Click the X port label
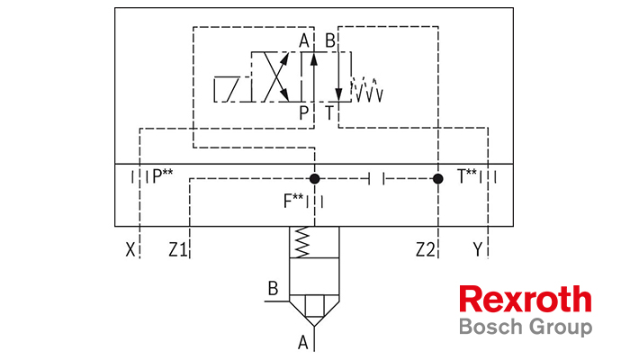(130, 250)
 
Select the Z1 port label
(178, 250)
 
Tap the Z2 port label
(426, 250)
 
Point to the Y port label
(477, 250)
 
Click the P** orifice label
(163, 176)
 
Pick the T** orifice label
(467, 176)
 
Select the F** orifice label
(293, 201)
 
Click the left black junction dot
(315, 178)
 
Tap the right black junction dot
(438, 178)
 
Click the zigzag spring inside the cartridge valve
(302, 242)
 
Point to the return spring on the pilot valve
(367, 89)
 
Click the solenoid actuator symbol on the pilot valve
(227, 89)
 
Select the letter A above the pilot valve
(304, 40)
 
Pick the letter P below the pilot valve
(304, 112)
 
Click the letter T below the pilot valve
(329, 112)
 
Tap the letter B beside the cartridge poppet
(274, 289)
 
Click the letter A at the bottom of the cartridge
(303, 343)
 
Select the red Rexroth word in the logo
(526, 299)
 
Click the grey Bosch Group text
(526, 327)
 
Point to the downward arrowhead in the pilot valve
(338, 94)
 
